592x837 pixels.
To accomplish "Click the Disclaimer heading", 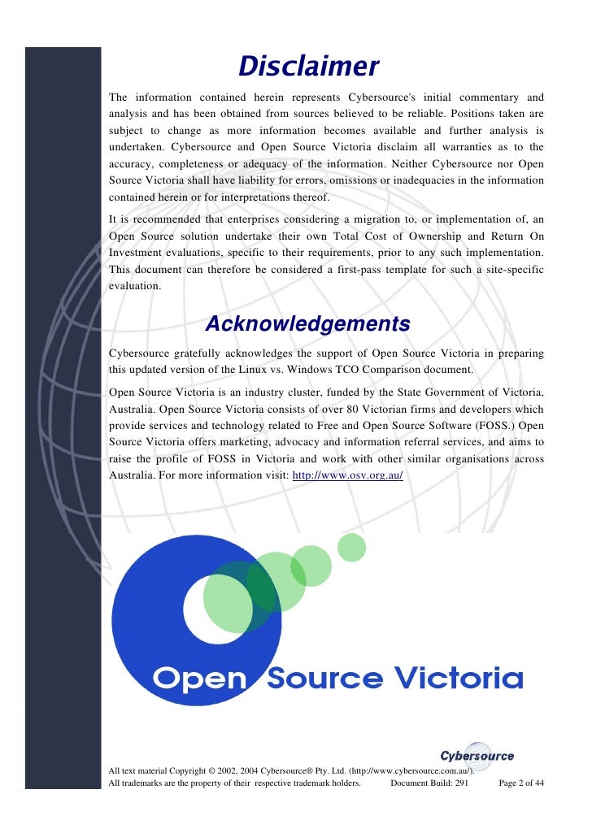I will coord(309,66).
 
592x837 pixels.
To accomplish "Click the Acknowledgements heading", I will coord(307,324).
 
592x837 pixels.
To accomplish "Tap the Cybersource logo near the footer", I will coord(477,756).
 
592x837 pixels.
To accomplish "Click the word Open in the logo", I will coord(200,678).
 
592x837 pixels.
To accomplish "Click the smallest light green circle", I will coord(351,547).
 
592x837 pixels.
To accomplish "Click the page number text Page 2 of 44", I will coord(520,783).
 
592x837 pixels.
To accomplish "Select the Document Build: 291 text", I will coord(429,783).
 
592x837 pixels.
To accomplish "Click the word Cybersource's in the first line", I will coord(394,97).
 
